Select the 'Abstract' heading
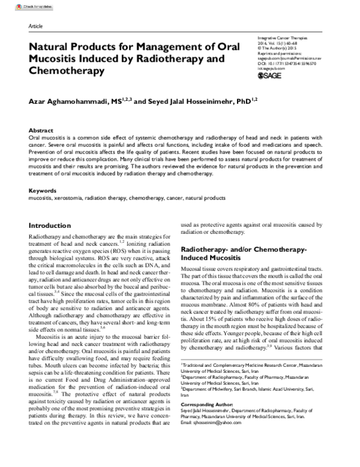[43, 130]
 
